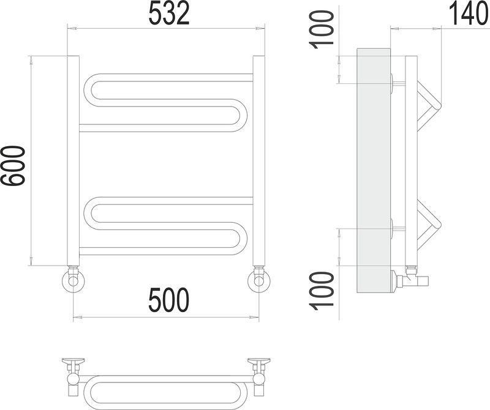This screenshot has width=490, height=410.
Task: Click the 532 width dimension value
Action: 169,13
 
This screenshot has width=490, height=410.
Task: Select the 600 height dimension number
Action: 12,166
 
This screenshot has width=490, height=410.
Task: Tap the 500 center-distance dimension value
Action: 169,300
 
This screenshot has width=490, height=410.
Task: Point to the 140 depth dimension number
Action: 469,13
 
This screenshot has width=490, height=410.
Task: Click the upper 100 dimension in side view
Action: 321,29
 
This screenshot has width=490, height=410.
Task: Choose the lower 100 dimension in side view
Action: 321,291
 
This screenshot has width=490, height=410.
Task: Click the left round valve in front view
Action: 73,280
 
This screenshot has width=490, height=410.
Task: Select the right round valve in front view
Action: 258,280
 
